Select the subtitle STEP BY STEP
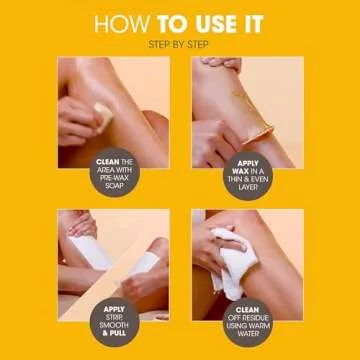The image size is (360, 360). [180, 44]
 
